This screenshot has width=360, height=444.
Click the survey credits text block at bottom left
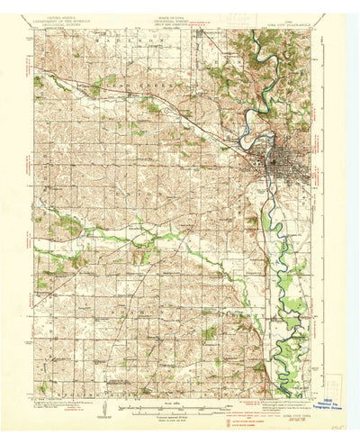[67, 410]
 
